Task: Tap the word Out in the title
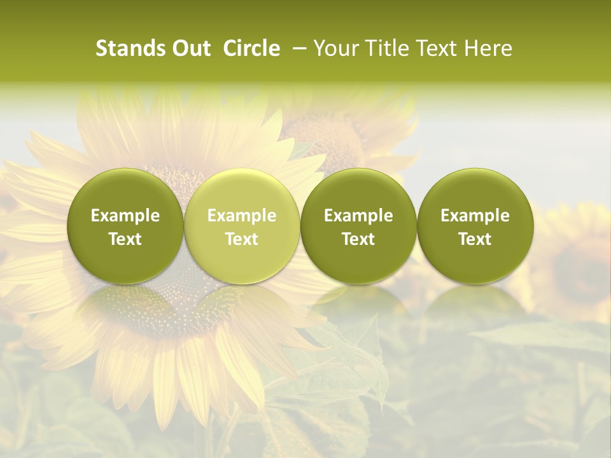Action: [x=189, y=48]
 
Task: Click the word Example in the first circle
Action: [x=125, y=216]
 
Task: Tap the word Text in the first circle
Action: [x=125, y=239]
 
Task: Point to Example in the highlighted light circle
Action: [x=242, y=216]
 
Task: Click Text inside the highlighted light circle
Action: [x=242, y=239]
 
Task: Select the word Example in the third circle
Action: [x=358, y=216]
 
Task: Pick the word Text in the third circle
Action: [x=358, y=239]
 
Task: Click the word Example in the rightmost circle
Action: [x=475, y=216]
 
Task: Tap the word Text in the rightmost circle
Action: [x=475, y=239]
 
